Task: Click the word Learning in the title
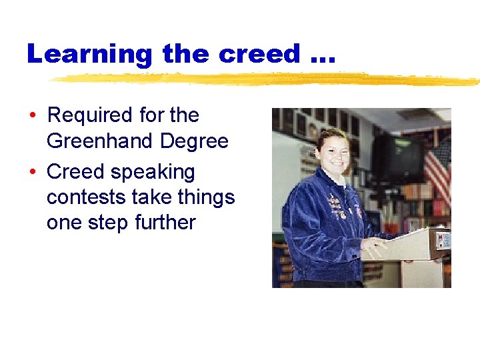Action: coord(89,54)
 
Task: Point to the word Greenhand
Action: coord(99,141)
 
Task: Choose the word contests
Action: coord(87,197)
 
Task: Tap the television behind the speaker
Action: coord(399,157)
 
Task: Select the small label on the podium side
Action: coord(442,239)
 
